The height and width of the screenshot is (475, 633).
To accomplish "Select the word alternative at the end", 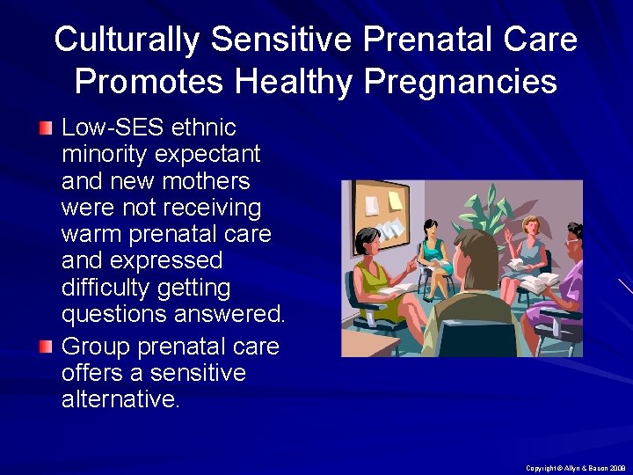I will click(120, 400).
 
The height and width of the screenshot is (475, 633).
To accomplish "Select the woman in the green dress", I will click(373, 273).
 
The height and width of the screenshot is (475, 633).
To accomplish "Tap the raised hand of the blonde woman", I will click(511, 236).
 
